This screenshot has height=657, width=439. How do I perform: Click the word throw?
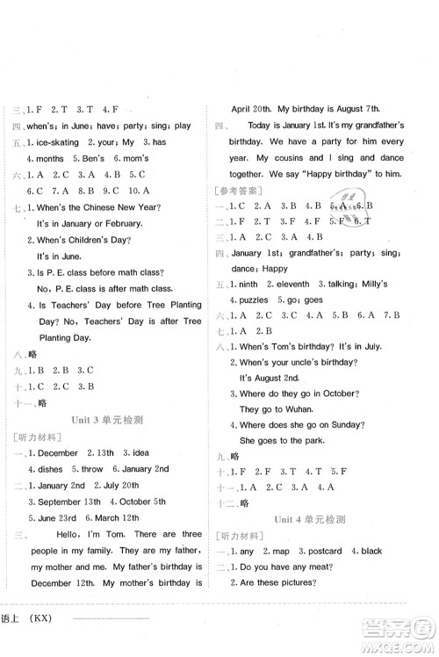coord(96,469)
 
